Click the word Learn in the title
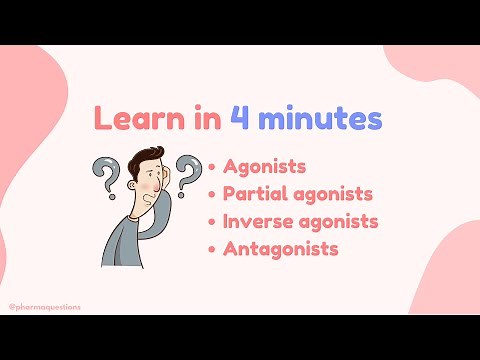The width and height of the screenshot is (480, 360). pyautogui.click(x=131, y=119)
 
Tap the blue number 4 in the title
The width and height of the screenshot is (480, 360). pyautogui.click(x=240, y=119)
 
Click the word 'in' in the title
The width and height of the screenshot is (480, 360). pyautogui.click(x=198, y=119)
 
